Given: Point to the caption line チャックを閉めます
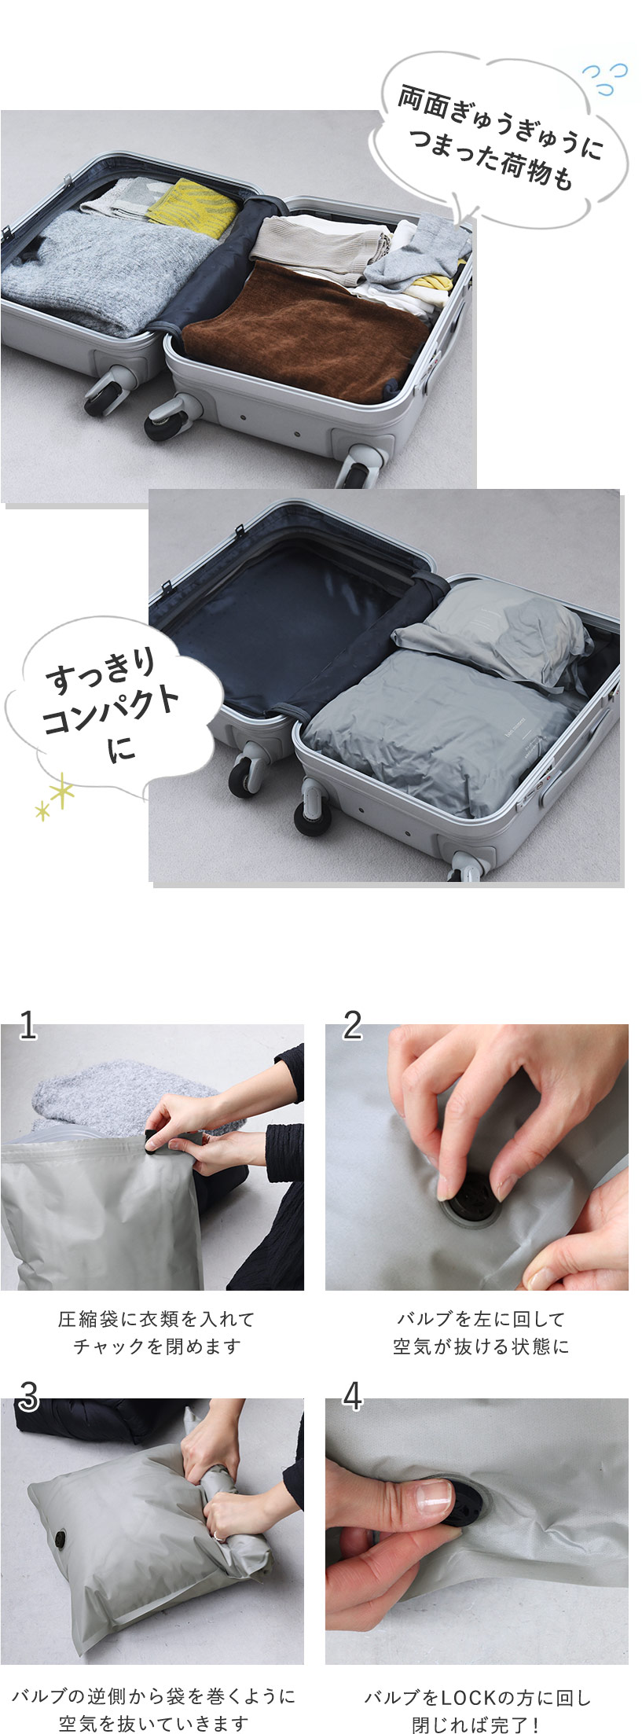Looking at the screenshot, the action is click(x=156, y=1347).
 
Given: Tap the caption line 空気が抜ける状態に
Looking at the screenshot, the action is click(x=481, y=1347).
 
